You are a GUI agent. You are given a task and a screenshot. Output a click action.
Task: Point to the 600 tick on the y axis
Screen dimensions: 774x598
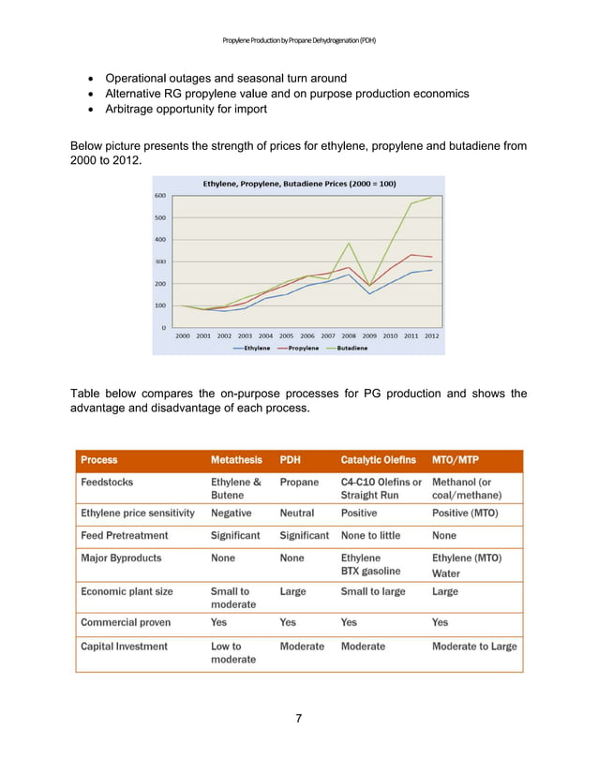point(160,195)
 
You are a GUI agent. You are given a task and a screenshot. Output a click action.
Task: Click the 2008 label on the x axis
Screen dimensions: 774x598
point(349,335)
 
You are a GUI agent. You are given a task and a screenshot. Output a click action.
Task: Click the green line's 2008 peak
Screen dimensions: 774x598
point(349,244)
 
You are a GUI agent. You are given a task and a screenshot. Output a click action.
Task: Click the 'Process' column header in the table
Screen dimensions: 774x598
point(99,460)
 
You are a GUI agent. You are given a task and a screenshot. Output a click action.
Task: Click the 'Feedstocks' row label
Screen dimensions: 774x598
point(107,482)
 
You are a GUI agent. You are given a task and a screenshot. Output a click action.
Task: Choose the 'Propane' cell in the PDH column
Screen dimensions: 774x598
point(299,482)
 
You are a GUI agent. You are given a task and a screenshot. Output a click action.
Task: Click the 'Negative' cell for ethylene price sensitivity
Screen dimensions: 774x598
point(231,514)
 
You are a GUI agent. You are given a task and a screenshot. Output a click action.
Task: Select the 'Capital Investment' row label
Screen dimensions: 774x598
point(125,646)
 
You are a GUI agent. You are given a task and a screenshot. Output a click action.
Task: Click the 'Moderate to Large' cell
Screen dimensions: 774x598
point(473,646)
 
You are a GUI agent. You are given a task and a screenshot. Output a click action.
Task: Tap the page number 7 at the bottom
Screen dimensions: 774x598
point(298,719)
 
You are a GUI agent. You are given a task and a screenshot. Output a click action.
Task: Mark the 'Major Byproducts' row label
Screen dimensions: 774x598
point(121,558)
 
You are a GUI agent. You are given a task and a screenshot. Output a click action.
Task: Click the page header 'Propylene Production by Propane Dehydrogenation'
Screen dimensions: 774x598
point(299,40)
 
